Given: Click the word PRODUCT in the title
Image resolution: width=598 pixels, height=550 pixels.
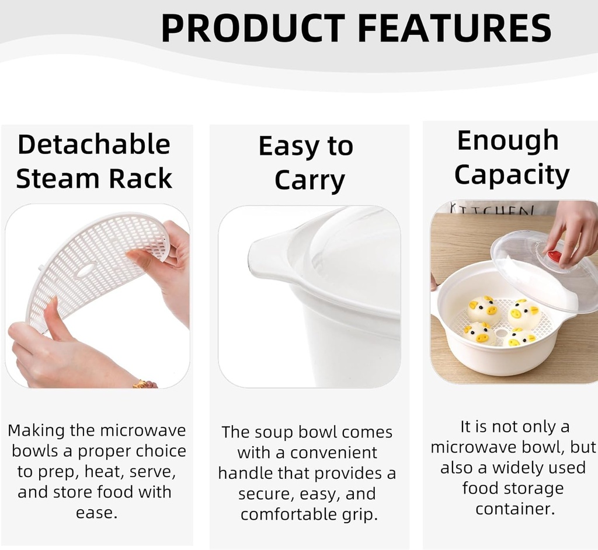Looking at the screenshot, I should click(x=253, y=27).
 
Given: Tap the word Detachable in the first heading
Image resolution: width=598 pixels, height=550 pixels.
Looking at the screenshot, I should click(x=93, y=145).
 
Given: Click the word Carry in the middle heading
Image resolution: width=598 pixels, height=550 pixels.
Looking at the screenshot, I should click(x=310, y=181).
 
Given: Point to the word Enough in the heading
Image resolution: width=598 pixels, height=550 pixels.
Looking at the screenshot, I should click(x=508, y=141).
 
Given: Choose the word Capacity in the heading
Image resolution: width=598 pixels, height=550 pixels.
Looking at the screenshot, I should click(x=512, y=174).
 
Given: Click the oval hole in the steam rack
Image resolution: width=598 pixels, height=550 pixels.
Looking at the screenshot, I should click(x=86, y=269).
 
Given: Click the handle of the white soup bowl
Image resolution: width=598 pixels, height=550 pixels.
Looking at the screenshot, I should click(x=266, y=260).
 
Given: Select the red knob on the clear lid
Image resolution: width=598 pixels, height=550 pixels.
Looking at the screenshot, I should click(x=554, y=255).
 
